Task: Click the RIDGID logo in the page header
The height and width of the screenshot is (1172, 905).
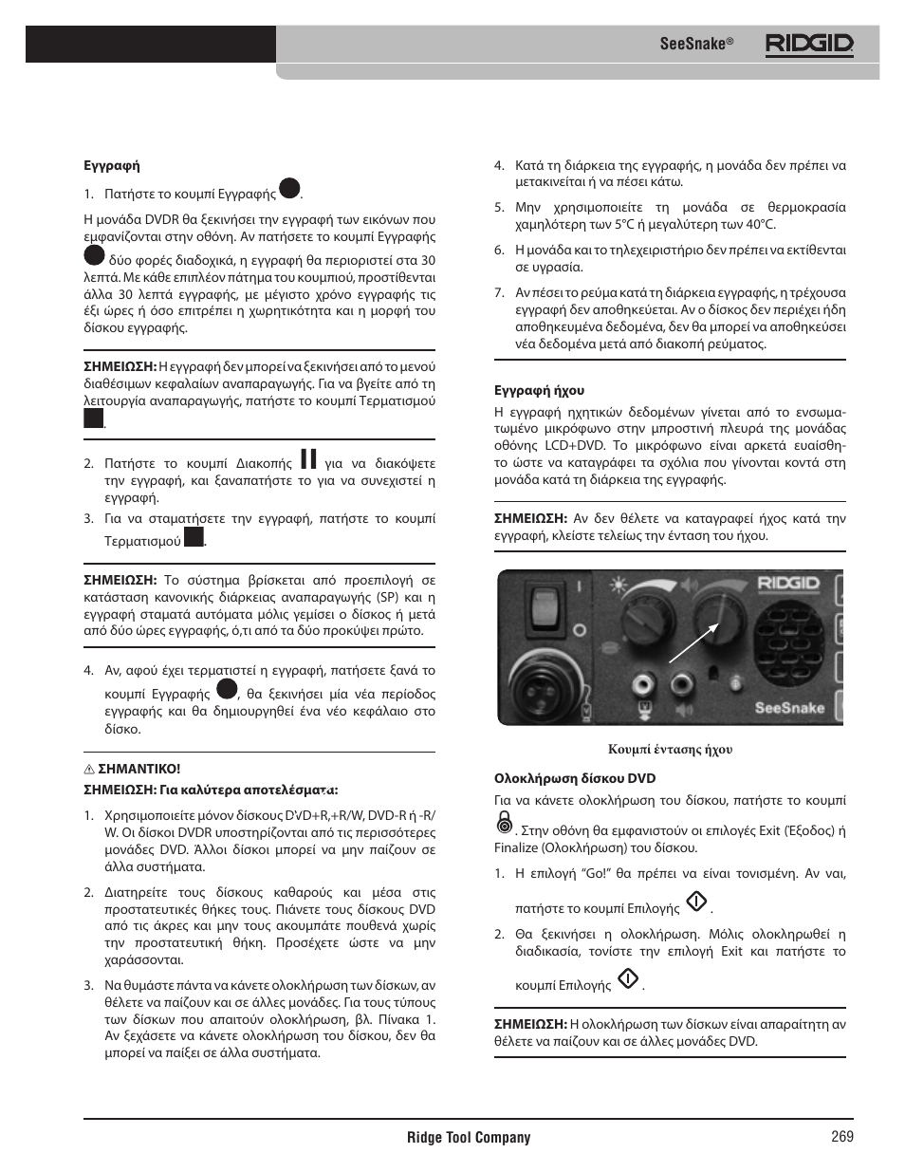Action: (809, 44)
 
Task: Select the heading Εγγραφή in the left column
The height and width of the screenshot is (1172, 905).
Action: (112, 165)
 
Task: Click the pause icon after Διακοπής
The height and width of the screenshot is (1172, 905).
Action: (308, 459)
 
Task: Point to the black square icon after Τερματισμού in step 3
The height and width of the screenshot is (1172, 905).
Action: (194, 537)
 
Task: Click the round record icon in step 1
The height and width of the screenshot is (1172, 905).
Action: (289, 189)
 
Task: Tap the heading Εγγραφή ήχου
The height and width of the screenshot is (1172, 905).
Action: (539, 390)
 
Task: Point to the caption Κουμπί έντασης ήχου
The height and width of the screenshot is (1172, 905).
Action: (670, 749)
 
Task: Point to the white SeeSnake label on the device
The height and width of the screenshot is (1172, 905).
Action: (788, 707)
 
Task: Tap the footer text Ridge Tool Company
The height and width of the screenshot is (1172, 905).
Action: (469, 1137)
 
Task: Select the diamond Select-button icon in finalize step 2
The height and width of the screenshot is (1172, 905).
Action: (627, 979)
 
